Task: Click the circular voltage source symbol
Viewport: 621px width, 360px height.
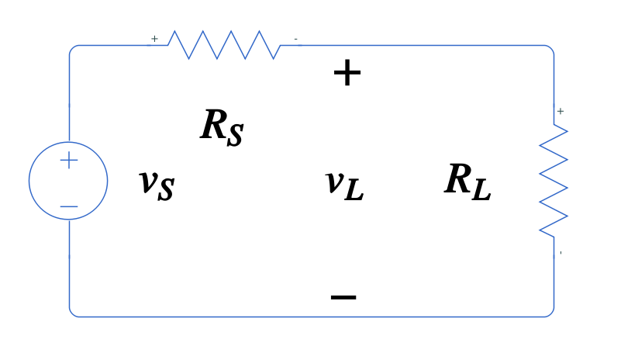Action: click(68, 181)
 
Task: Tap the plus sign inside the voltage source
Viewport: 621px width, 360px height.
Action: click(69, 161)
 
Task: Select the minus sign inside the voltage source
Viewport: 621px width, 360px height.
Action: click(68, 206)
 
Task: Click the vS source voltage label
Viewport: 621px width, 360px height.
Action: click(156, 184)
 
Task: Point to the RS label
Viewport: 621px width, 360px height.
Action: click(222, 126)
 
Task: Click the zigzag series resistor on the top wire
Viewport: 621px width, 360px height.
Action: click(224, 45)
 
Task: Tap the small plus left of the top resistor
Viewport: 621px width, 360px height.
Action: click(154, 39)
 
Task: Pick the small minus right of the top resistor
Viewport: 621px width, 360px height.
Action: click(295, 39)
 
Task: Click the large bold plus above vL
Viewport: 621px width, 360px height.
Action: click(347, 74)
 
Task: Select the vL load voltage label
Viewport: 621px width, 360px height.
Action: click(344, 184)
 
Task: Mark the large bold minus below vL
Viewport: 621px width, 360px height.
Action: click(343, 296)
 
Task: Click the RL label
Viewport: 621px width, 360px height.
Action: click(467, 182)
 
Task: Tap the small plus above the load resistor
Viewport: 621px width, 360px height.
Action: click(561, 112)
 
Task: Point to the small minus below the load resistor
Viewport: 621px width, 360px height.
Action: click(561, 253)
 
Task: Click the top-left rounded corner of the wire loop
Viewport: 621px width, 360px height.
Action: click(72, 49)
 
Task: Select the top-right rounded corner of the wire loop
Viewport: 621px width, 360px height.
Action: click(550, 49)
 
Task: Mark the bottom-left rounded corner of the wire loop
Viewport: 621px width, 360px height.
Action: click(72, 313)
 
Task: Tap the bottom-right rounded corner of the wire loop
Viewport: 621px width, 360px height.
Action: click(550, 313)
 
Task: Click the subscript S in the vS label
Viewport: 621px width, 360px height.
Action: click(166, 191)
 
